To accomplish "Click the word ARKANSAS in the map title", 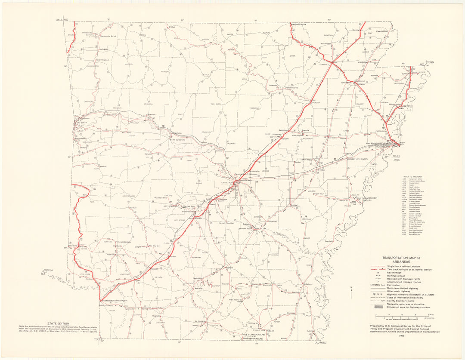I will tap(401, 261).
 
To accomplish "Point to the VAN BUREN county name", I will tap(215, 104).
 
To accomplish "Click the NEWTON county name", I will tap(165, 72).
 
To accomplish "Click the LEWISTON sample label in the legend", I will tap(377, 285).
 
